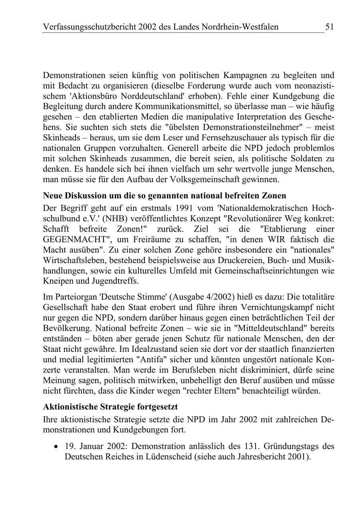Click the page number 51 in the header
[329, 27]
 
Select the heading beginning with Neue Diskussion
[164, 196]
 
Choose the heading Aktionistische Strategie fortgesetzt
[110, 407]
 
